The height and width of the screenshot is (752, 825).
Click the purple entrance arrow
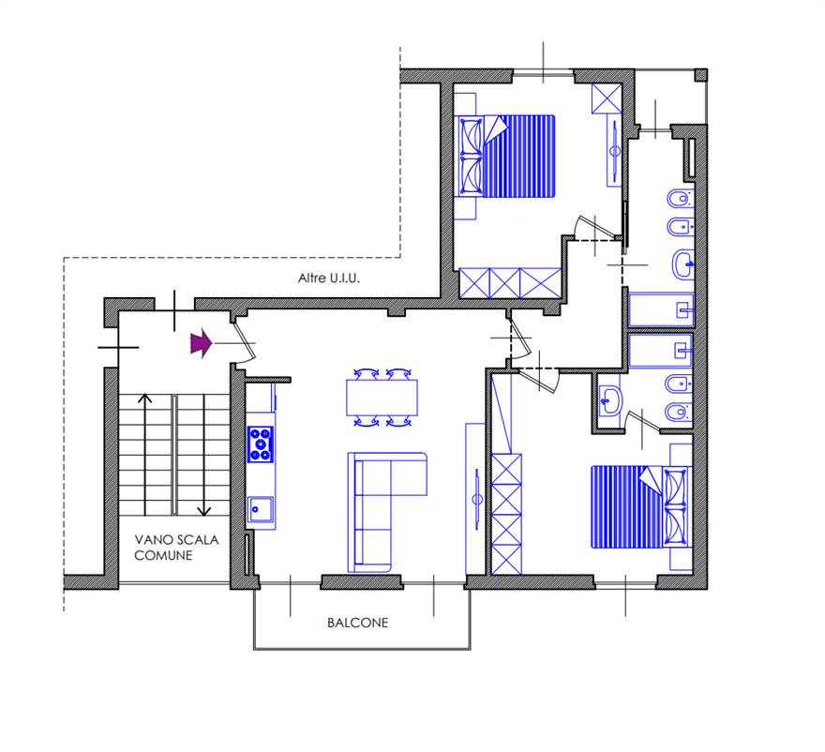click(201, 343)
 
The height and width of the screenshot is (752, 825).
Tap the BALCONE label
click(358, 623)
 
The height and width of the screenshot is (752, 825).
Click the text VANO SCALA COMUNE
click(175, 548)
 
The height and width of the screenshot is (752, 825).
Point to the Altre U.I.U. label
click(329, 278)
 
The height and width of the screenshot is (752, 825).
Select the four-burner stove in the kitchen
click(261, 444)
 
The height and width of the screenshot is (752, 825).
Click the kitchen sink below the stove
click(261, 509)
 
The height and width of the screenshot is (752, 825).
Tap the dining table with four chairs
click(382, 398)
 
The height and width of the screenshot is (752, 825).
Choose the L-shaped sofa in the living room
click(386, 512)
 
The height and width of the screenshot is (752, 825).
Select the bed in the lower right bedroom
click(641, 506)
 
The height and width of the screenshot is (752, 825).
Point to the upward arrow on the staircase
click(144, 454)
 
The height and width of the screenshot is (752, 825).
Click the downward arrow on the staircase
click(203, 455)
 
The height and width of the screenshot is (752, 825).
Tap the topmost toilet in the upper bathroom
click(681, 200)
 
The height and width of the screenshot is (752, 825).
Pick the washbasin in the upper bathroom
click(683, 264)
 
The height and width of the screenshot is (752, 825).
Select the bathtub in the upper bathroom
click(661, 310)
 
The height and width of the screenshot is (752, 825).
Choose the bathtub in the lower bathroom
click(660, 350)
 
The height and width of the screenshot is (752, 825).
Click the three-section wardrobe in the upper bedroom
click(510, 283)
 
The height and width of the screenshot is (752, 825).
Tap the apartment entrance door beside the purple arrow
click(243, 340)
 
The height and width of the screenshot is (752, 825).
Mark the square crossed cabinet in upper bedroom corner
click(607, 98)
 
